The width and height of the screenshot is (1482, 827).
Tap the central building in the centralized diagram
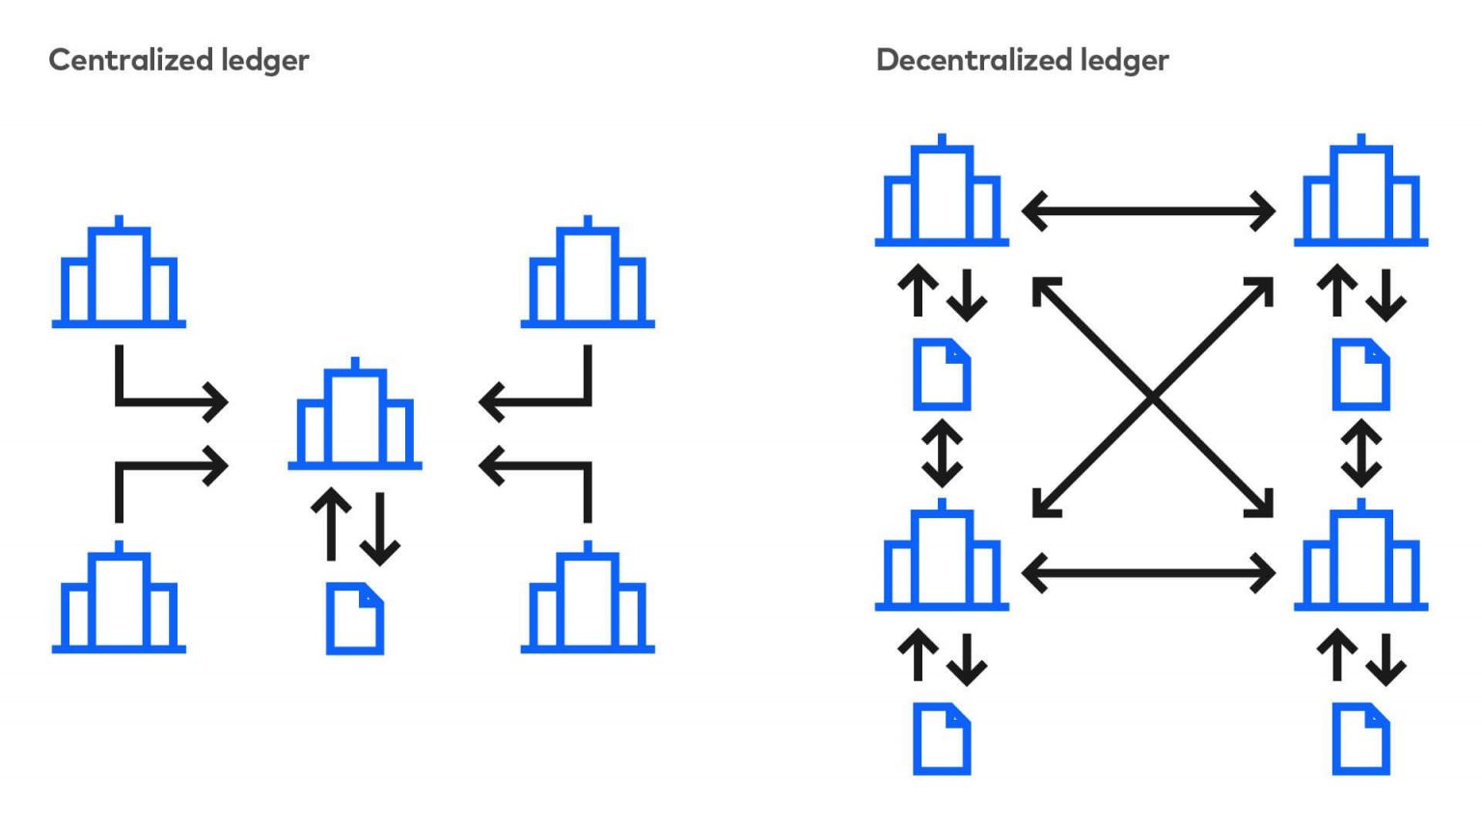click(x=355, y=417)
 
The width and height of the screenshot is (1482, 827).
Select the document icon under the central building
click(x=355, y=619)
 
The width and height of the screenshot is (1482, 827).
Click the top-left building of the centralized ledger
click(x=119, y=275)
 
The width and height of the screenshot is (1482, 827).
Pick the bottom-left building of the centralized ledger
click(x=119, y=600)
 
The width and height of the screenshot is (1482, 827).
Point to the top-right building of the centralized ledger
click(x=588, y=275)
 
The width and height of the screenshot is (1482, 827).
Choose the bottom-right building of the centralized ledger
click(x=588, y=600)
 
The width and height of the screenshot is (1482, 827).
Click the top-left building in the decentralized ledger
click(x=942, y=194)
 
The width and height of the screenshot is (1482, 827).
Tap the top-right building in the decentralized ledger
click(x=1360, y=194)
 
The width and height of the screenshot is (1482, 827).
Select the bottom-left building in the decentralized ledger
click(x=942, y=558)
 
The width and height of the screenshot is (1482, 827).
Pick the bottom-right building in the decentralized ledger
click(x=1360, y=558)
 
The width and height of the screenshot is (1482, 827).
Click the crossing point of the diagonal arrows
click(x=1152, y=397)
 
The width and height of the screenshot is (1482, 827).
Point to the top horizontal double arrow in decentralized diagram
click(x=1148, y=210)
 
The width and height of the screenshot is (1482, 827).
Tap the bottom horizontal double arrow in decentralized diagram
click(x=1148, y=574)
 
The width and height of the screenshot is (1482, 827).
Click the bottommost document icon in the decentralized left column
click(x=942, y=739)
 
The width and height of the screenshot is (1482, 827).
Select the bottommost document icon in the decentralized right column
click(x=1360, y=739)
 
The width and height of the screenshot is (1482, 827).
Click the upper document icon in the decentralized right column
click(x=1360, y=374)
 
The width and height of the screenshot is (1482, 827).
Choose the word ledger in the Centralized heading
click(x=265, y=61)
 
